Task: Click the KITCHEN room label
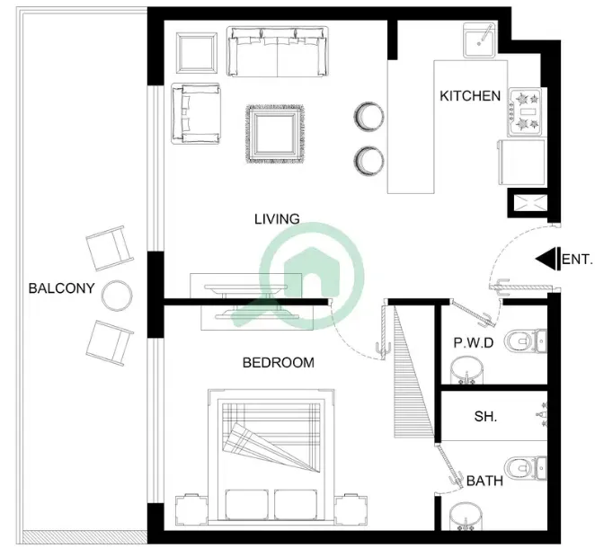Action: pyautogui.click(x=470, y=96)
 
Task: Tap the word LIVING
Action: pyautogui.click(x=277, y=219)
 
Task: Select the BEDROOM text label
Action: pyautogui.click(x=279, y=363)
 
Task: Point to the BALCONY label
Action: pyautogui.click(x=61, y=288)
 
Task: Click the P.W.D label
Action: pyautogui.click(x=474, y=343)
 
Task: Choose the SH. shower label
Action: pyautogui.click(x=485, y=417)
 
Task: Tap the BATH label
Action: pyautogui.click(x=485, y=481)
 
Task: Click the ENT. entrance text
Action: pyautogui.click(x=577, y=260)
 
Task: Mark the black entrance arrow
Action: pyautogui.click(x=548, y=259)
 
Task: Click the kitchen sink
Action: pyautogui.click(x=479, y=40)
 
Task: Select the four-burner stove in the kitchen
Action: pyautogui.click(x=525, y=111)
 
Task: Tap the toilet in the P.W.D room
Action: pyautogui.click(x=526, y=341)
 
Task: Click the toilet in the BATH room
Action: pyautogui.click(x=526, y=469)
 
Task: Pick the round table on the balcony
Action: pyautogui.click(x=117, y=296)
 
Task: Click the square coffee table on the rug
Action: pyautogui.click(x=275, y=134)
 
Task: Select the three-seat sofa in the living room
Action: pyautogui.click(x=278, y=51)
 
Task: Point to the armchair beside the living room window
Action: pyautogui.click(x=196, y=113)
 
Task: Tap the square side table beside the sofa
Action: pyautogui.click(x=197, y=53)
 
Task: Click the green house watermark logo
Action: pyautogui.click(x=312, y=276)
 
